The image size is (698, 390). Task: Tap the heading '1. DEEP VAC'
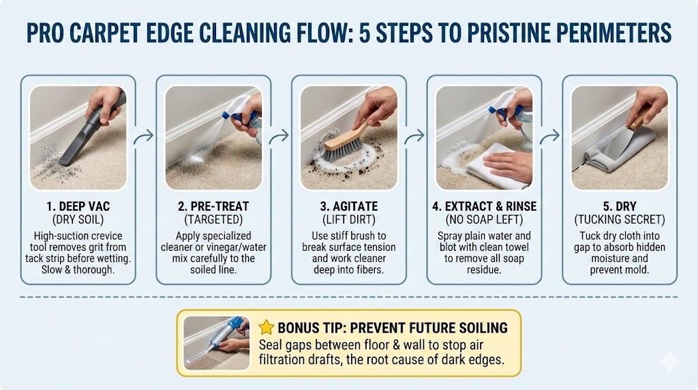[x=78, y=207]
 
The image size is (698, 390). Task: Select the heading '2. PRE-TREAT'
[x=213, y=207]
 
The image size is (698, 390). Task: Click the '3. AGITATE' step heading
[x=349, y=207]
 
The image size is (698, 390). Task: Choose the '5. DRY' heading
[x=620, y=207]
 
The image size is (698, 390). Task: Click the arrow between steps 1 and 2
[x=144, y=136]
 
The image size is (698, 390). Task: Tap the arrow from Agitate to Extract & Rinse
[x=414, y=136]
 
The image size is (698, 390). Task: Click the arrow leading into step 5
[x=550, y=136]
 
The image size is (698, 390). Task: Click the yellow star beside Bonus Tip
[x=267, y=327]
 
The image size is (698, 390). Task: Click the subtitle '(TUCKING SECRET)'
[x=620, y=220]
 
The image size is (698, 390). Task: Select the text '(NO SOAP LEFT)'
[x=485, y=220]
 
